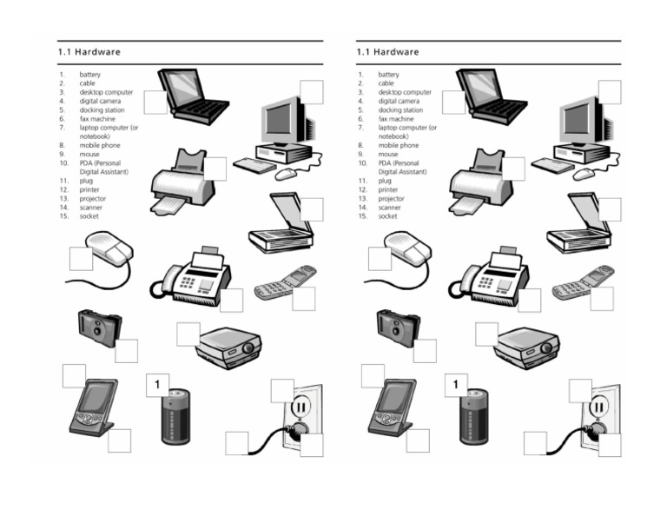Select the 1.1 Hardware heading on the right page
coord(387,52)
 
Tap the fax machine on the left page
coord(195,275)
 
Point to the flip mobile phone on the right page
coord(583,281)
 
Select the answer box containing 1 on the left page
coord(157,385)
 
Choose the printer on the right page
coord(480,182)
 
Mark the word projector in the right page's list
coord(393,198)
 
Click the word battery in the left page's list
coord(90,75)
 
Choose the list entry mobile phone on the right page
coord(398,145)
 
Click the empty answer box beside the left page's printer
coord(215,169)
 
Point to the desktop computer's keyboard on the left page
coord(254,165)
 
